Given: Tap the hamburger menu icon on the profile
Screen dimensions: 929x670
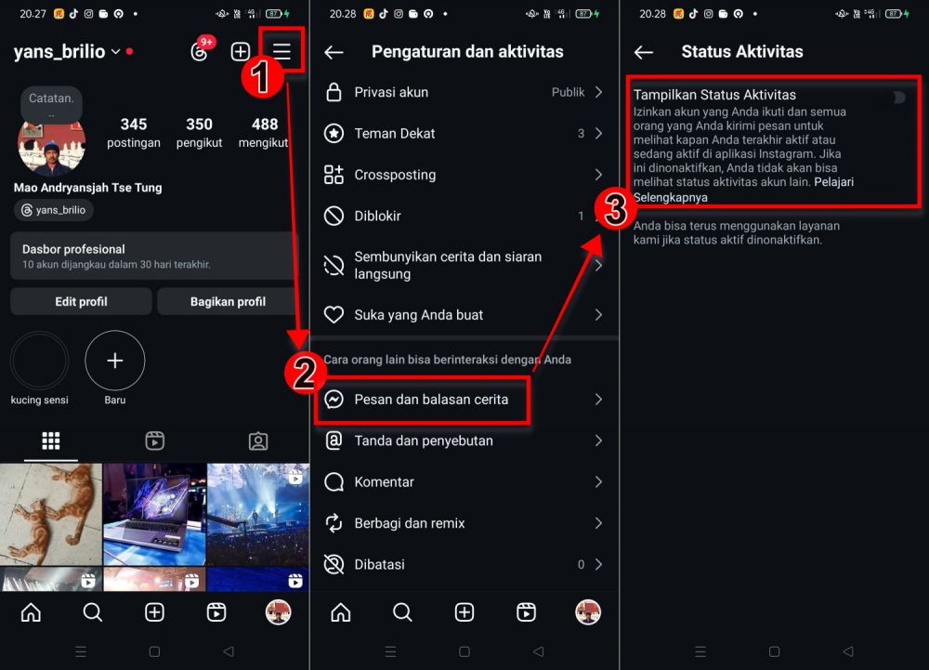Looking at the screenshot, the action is click(x=281, y=51).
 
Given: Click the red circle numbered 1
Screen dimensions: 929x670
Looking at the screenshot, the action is click(x=261, y=78).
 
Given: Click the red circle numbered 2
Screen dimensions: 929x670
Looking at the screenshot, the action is click(x=305, y=373).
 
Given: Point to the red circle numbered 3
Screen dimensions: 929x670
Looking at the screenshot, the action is click(x=615, y=208).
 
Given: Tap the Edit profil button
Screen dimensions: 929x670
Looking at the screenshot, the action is click(x=81, y=301).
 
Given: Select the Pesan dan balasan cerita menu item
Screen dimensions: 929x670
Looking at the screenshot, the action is click(x=431, y=400).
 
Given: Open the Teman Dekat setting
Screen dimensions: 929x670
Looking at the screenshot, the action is click(x=395, y=133).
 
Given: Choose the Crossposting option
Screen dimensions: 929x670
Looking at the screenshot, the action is click(x=395, y=175).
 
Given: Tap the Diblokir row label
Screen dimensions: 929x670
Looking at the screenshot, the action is click(x=377, y=217).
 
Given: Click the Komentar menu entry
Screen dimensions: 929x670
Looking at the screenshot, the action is click(x=384, y=481).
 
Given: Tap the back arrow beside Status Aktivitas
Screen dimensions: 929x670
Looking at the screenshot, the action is click(x=644, y=52).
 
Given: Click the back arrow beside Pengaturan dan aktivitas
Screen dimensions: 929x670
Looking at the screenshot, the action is click(x=334, y=52).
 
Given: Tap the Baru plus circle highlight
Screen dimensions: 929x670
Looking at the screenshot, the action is click(x=115, y=361).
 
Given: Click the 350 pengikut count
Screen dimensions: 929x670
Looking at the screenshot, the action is click(x=199, y=133).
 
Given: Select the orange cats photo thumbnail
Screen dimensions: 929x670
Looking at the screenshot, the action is click(x=51, y=514).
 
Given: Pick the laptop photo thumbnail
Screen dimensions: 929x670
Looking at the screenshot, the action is click(x=154, y=514).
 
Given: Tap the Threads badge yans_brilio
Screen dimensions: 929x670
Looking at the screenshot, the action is click(x=53, y=210).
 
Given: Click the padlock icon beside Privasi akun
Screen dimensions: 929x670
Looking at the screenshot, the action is click(x=334, y=92).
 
